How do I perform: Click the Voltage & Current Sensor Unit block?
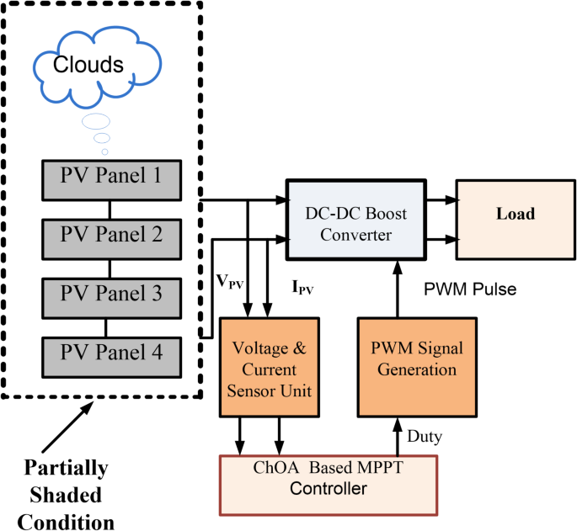(270, 367)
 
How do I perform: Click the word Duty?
(422, 437)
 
